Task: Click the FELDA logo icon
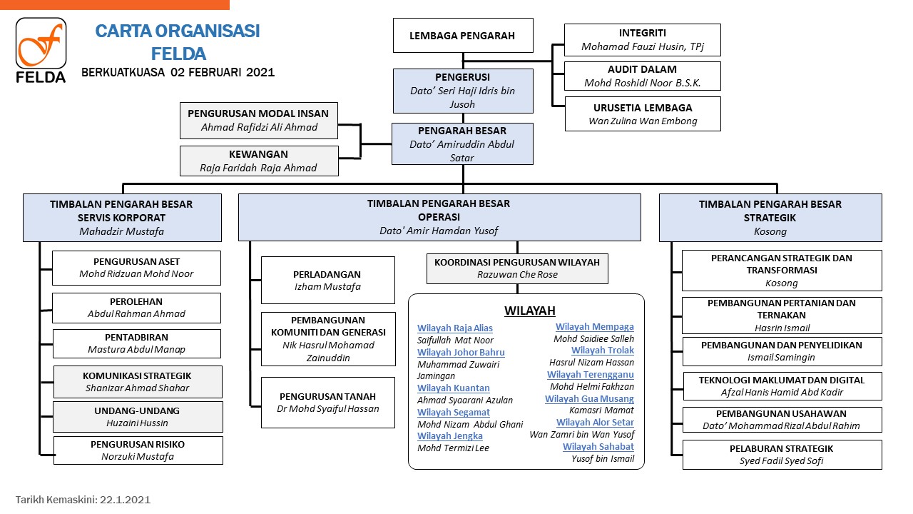click(41, 50)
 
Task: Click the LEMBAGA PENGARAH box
click(463, 36)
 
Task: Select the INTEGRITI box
click(643, 39)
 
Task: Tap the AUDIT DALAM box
click(643, 76)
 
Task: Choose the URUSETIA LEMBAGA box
click(643, 114)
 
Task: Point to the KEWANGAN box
click(259, 161)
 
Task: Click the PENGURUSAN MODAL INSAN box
click(258, 121)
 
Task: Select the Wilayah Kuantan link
click(453, 388)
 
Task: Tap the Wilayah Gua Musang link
click(589, 398)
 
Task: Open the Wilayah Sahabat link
click(598, 447)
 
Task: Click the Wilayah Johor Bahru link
click(461, 352)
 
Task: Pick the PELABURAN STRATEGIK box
click(782, 455)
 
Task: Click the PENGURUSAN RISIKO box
click(138, 450)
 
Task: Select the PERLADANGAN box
click(327, 281)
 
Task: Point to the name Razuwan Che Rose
click(517, 275)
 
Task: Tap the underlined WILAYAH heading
click(530, 311)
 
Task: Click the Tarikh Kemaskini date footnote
click(83, 500)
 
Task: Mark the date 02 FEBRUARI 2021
click(223, 72)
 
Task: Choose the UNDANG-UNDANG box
click(138, 417)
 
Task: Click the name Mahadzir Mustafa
click(121, 231)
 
